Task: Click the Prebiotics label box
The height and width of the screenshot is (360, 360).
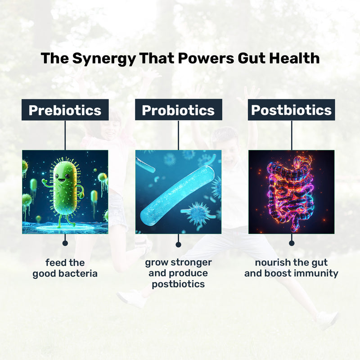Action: (x=65, y=110)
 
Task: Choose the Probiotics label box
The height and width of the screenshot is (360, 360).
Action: (x=178, y=110)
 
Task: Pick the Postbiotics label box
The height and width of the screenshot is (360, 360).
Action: (x=291, y=110)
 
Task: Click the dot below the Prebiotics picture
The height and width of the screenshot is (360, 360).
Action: (x=65, y=243)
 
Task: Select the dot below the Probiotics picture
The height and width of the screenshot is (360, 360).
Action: (x=178, y=244)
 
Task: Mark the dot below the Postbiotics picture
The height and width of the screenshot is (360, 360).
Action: (x=291, y=243)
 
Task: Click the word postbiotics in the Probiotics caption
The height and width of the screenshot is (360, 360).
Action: (x=178, y=284)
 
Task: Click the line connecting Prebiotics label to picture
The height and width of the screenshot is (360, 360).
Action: (x=65, y=135)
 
